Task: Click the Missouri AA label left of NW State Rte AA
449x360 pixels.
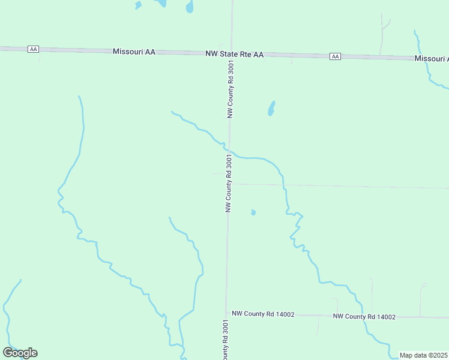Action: pos(134,52)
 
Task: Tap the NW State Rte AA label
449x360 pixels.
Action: pos(234,54)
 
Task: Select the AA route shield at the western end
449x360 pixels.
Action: pos(34,49)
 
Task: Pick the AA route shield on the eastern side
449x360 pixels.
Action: pos(335,56)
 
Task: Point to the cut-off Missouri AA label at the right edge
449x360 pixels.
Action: pos(431,59)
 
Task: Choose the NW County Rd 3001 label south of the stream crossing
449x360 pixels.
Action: pos(228,183)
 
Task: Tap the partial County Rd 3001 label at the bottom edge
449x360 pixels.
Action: pos(224,341)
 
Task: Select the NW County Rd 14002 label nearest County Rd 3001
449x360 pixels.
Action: pos(263,314)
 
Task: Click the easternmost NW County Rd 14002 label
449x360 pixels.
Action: pos(364,316)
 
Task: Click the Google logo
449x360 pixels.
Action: pos(20,352)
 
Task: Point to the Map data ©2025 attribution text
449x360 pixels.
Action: pos(423,355)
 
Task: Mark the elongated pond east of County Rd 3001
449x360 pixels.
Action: pos(271,109)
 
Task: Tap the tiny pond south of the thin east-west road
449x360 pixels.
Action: pos(253,212)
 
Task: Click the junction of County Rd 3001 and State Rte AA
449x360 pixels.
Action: pos(231,53)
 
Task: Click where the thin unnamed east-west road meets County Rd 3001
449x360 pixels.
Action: pos(229,184)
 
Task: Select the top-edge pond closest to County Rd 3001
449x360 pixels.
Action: pos(190,7)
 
